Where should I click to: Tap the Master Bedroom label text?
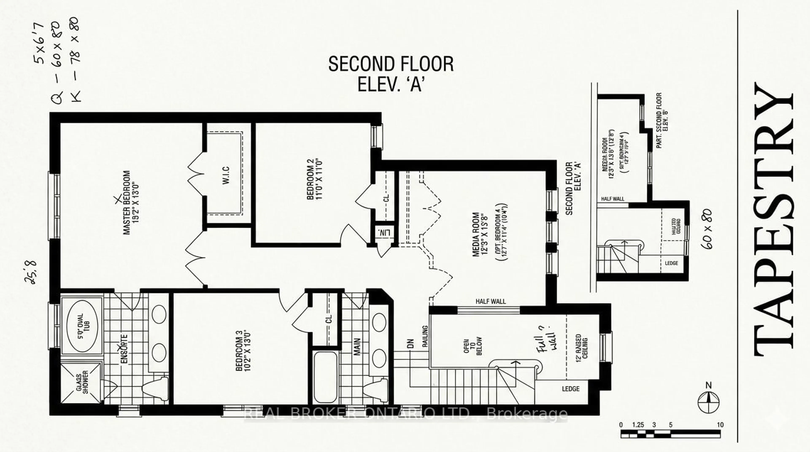coord(131,203)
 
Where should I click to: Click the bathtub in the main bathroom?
coord(325,376)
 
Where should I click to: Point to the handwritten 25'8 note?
coord(31,272)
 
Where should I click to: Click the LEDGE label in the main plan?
coord(571,389)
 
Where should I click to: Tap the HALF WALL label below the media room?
coord(490,301)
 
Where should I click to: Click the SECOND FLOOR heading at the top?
coord(391,64)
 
